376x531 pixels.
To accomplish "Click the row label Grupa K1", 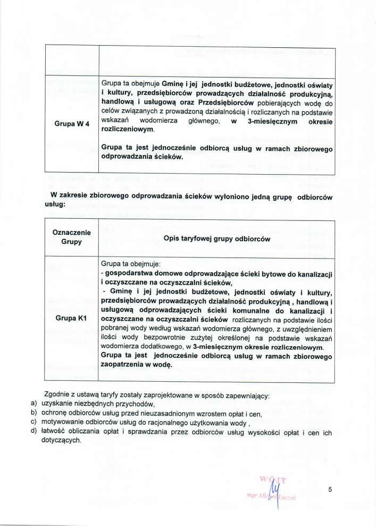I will [71, 319].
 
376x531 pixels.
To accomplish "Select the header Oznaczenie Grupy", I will [71, 237].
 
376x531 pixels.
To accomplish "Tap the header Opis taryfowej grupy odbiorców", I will [217, 238].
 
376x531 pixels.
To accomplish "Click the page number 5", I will [330, 490].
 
